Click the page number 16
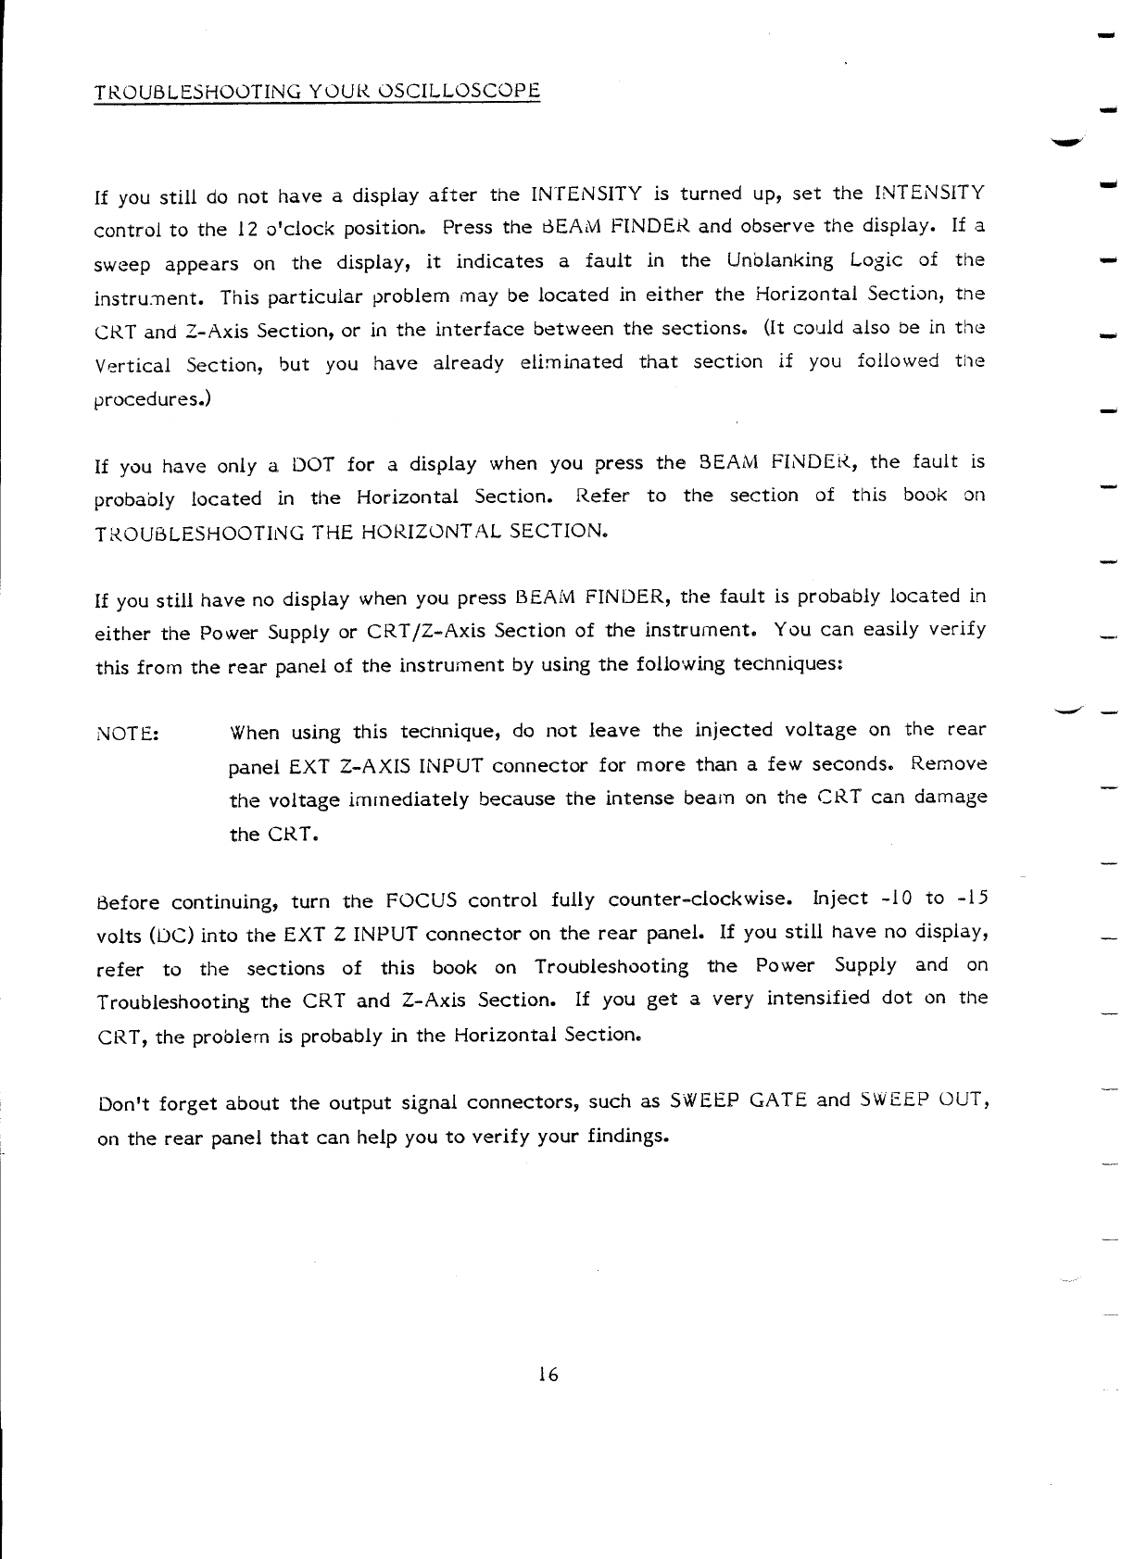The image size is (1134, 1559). pyautogui.click(x=548, y=1375)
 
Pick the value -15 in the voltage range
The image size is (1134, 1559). pyautogui.click(x=968, y=899)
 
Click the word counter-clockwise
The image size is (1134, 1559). pyautogui.click(x=699, y=899)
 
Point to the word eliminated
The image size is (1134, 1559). pyautogui.click(x=572, y=362)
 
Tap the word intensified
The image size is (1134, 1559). pyautogui.click(x=818, y=999)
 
